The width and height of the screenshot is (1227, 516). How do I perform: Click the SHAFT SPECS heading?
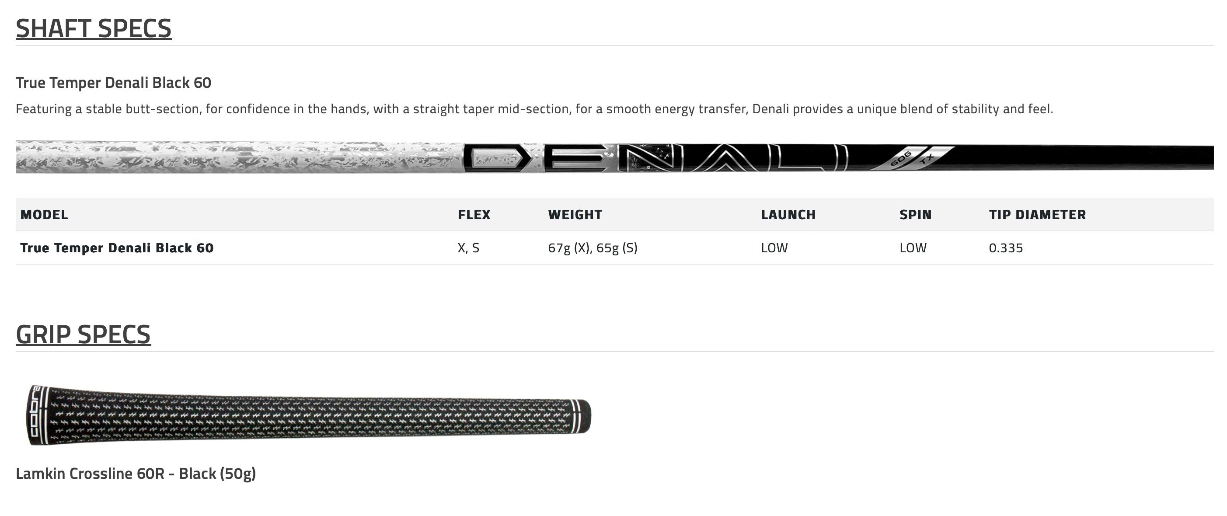[x=94, y=28]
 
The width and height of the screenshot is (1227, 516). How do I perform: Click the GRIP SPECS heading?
[x=84, y=334]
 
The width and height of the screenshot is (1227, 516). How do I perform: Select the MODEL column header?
[x=44, y=214]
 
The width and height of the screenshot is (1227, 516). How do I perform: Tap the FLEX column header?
[x=474, y=214]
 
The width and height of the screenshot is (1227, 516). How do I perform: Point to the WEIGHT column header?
[x=575, y=214]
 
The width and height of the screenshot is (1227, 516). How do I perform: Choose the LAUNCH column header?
[x=788, y=214]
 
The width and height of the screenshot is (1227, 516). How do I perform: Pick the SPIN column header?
[x=916, y=214]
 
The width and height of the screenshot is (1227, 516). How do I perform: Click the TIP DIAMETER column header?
[x=1037, y=214]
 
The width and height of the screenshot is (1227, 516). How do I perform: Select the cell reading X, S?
[x=468, y=248]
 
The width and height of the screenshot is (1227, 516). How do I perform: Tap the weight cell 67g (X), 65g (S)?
[x=593, y=248]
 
